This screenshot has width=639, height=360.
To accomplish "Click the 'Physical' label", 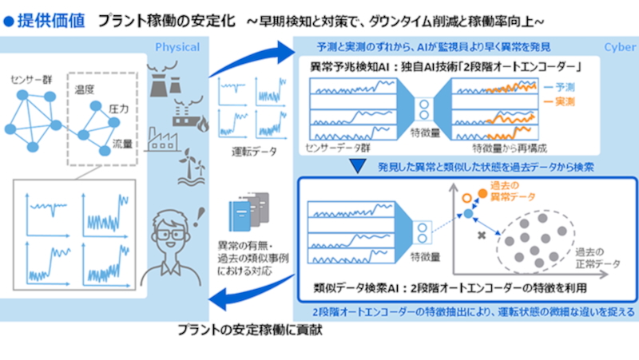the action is pos(177,47).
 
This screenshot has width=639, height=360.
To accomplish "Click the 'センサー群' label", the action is pos(33,81).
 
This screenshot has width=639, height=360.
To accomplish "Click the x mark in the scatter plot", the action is pos(481,237).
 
